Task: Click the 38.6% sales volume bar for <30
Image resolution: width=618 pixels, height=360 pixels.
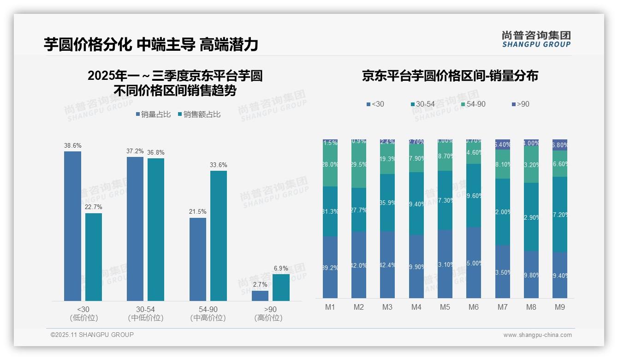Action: coord(72,226)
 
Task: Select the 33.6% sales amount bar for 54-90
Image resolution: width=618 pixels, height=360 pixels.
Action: coord(219,236)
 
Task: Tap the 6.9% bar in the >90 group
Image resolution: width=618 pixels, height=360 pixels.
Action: coord(281,288)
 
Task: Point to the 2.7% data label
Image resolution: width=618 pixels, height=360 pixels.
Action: coord(260,285)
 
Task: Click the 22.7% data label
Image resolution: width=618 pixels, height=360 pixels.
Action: coord(94,207)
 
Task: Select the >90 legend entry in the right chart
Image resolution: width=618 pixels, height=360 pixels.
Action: coord(520,104)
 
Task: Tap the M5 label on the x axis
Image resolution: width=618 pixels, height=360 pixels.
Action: coord(445,307)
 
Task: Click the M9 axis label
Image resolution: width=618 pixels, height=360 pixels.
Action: coord(559,307)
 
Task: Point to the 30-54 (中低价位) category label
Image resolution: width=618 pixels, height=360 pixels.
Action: coord(145,313)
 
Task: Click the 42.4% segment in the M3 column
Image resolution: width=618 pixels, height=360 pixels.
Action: coord(387,264)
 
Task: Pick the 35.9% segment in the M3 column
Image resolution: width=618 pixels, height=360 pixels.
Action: coord(387,203)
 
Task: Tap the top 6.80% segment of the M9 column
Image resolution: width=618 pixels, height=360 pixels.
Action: coord(560,145)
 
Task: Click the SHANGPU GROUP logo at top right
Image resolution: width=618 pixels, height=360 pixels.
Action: coord(536,39)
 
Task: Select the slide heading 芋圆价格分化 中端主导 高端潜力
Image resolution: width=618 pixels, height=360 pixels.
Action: coord(151,44)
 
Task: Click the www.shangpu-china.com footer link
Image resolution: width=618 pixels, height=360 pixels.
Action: coord(537,335)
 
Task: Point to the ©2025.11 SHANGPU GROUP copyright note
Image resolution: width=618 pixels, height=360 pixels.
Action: coord(92,335)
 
